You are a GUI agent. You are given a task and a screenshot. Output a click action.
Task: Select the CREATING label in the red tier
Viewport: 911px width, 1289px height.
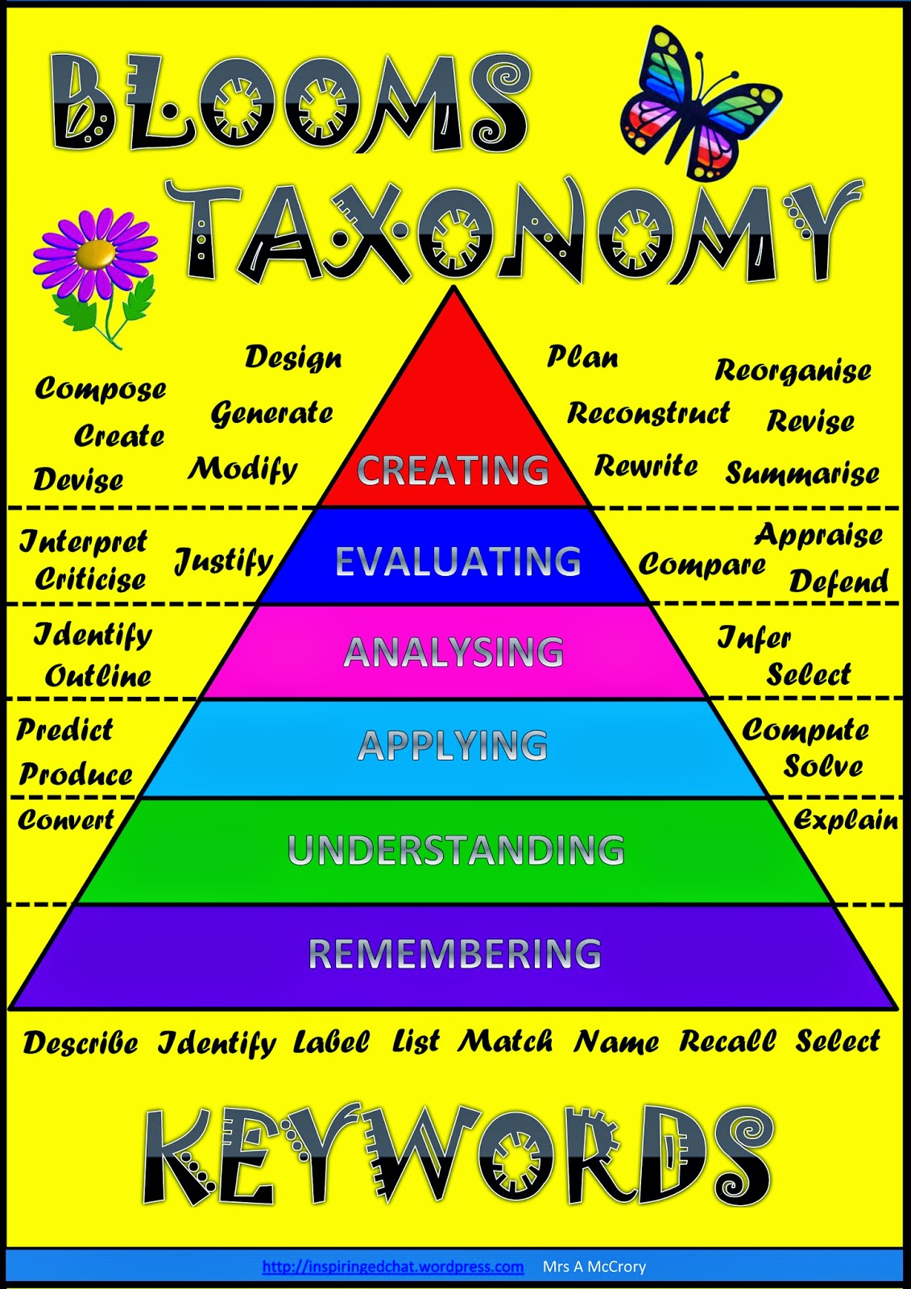[453, 470]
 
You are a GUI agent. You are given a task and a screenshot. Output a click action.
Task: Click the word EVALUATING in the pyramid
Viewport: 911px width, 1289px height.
[458, 562]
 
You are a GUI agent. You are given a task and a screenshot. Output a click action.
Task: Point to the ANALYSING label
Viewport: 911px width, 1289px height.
[453, 652]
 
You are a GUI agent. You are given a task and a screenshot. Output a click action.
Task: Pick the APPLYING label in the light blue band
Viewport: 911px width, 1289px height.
[453, 745]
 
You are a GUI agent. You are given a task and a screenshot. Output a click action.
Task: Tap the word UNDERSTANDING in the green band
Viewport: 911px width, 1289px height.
[456, 850]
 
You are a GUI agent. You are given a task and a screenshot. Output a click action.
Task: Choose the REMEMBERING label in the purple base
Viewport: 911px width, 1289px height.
[454, 954]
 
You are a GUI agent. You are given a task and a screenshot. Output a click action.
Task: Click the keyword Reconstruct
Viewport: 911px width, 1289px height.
[648, 413]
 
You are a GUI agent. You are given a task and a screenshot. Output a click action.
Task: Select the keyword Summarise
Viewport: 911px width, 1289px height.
[802, 473]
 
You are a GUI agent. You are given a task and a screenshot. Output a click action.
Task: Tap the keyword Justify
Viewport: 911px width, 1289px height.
[224, 561]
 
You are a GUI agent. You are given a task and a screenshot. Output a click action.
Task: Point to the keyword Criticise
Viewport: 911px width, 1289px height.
[90, 578]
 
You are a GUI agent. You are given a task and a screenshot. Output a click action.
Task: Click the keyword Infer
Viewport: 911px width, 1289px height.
[754, 638]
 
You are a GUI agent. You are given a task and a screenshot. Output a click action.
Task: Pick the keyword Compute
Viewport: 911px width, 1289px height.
[805, 730]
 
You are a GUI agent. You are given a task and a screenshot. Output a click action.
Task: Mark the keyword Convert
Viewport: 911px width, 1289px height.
[66, 820]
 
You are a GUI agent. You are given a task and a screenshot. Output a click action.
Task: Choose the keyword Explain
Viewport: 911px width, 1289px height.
[846, 820]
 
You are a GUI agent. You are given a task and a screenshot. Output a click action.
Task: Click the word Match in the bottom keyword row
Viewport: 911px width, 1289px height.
[506, 1041]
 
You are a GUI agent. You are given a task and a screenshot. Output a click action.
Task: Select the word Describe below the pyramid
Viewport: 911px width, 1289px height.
[81, 1042]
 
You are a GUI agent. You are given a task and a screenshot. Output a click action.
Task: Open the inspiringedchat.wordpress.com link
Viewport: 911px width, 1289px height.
[393, 1266]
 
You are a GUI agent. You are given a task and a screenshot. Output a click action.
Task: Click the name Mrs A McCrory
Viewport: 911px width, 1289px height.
[594, 1266]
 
